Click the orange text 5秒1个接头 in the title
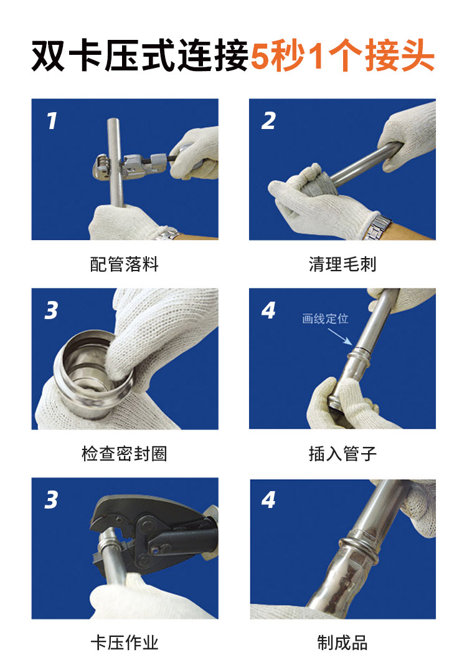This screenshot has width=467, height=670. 342,56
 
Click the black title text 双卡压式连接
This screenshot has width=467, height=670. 140,56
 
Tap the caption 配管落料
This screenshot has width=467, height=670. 125,264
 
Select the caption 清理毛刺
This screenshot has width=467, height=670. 342,264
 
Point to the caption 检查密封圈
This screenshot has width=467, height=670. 125,453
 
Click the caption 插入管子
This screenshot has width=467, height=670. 342,453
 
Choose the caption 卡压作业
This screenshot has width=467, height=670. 125,643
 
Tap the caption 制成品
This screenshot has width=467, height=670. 342,643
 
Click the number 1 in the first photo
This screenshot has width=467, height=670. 52,120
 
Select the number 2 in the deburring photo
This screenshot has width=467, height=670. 268,120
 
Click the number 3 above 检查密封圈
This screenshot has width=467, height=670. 51,310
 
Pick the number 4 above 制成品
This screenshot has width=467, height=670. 268,499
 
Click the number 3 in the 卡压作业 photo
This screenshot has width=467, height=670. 51,499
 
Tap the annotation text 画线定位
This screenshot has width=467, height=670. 325,319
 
